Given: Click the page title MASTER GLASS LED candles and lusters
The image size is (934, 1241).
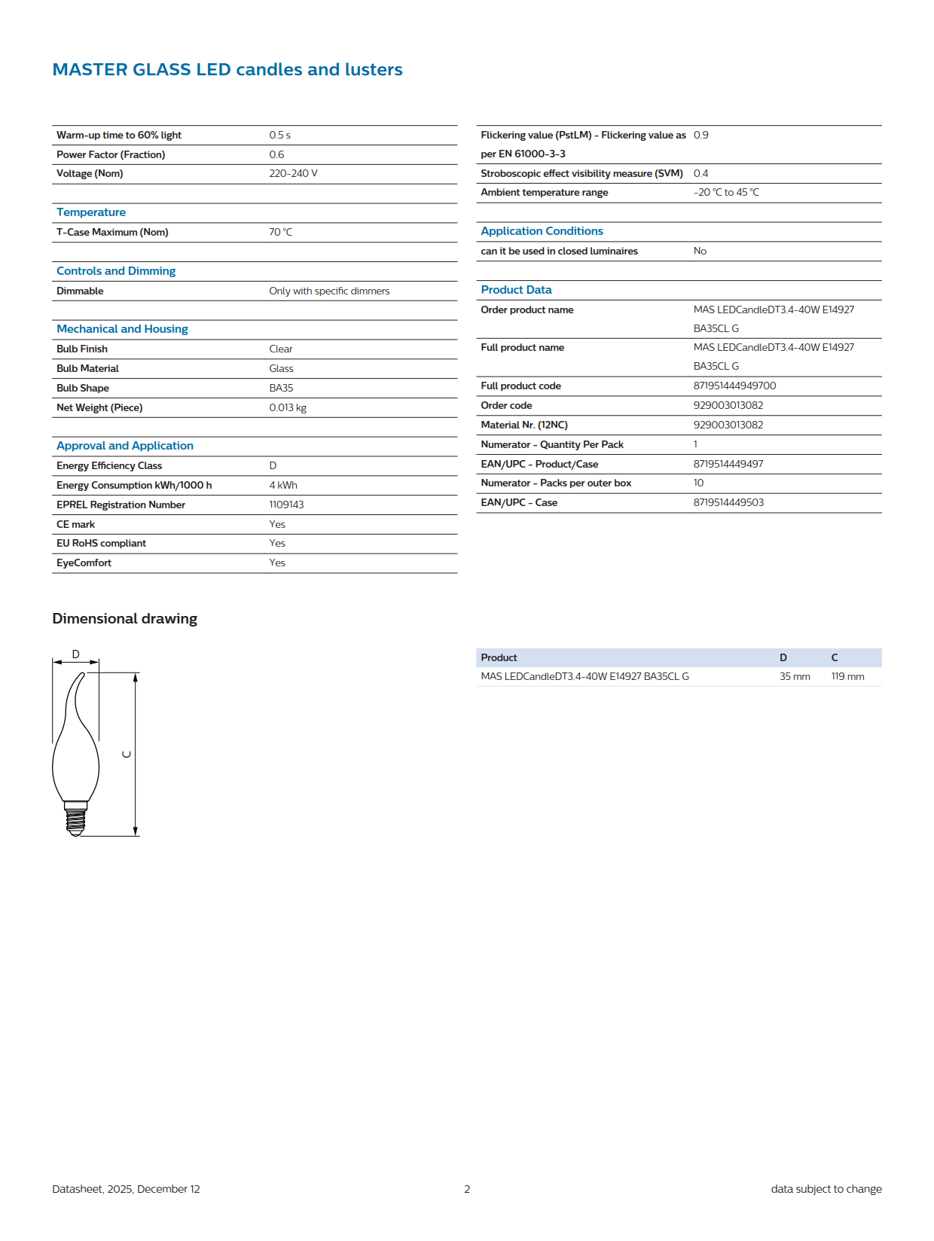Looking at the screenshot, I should coord(227,69).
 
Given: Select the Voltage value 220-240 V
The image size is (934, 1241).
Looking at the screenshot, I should coord(293,173).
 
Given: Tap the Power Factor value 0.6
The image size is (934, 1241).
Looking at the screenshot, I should coord(276,154).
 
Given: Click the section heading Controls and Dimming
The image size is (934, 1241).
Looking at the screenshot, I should coord(116,271).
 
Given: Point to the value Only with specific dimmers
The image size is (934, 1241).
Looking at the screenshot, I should coord(329,291).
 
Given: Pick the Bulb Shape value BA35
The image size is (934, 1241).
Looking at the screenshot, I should coord(281,388).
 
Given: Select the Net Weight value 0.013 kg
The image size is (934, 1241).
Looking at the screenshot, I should coord(288,407).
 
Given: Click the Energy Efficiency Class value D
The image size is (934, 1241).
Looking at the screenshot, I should coord(273,465).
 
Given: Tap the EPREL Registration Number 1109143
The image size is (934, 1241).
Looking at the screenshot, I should coord(286,505).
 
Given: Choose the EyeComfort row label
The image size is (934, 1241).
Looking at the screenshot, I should coord(84,563).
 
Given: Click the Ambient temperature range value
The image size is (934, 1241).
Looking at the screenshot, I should coord(726,192).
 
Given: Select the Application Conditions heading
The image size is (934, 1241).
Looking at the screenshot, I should coord(542,231).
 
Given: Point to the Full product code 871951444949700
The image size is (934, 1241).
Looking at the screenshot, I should coord(734,386).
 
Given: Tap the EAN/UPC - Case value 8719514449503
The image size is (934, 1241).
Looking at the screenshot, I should coord(728,502).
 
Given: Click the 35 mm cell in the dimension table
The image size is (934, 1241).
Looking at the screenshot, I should coord(795,676).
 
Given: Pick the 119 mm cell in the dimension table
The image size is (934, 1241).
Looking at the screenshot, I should coord(847,676).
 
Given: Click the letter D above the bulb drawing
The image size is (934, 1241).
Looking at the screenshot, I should coord(75,654).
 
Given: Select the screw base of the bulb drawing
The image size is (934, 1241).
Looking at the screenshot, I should coord(75,819).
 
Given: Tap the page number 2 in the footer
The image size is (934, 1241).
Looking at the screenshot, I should coord(467,1189).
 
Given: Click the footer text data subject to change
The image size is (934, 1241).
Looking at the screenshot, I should coord(826,1189).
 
